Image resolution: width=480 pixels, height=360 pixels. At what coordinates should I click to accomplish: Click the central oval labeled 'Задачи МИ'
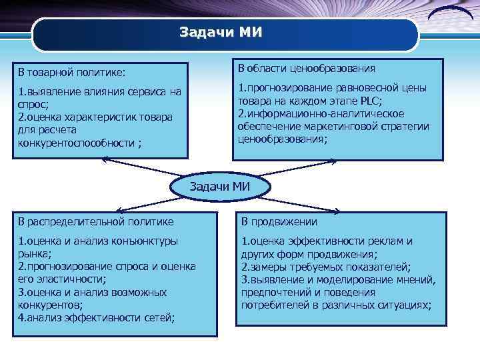(219, 187)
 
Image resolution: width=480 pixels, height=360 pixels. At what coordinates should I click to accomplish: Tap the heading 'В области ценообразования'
(306, 68)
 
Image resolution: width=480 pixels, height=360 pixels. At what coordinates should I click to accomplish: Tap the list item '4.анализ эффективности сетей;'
(96, 317)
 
